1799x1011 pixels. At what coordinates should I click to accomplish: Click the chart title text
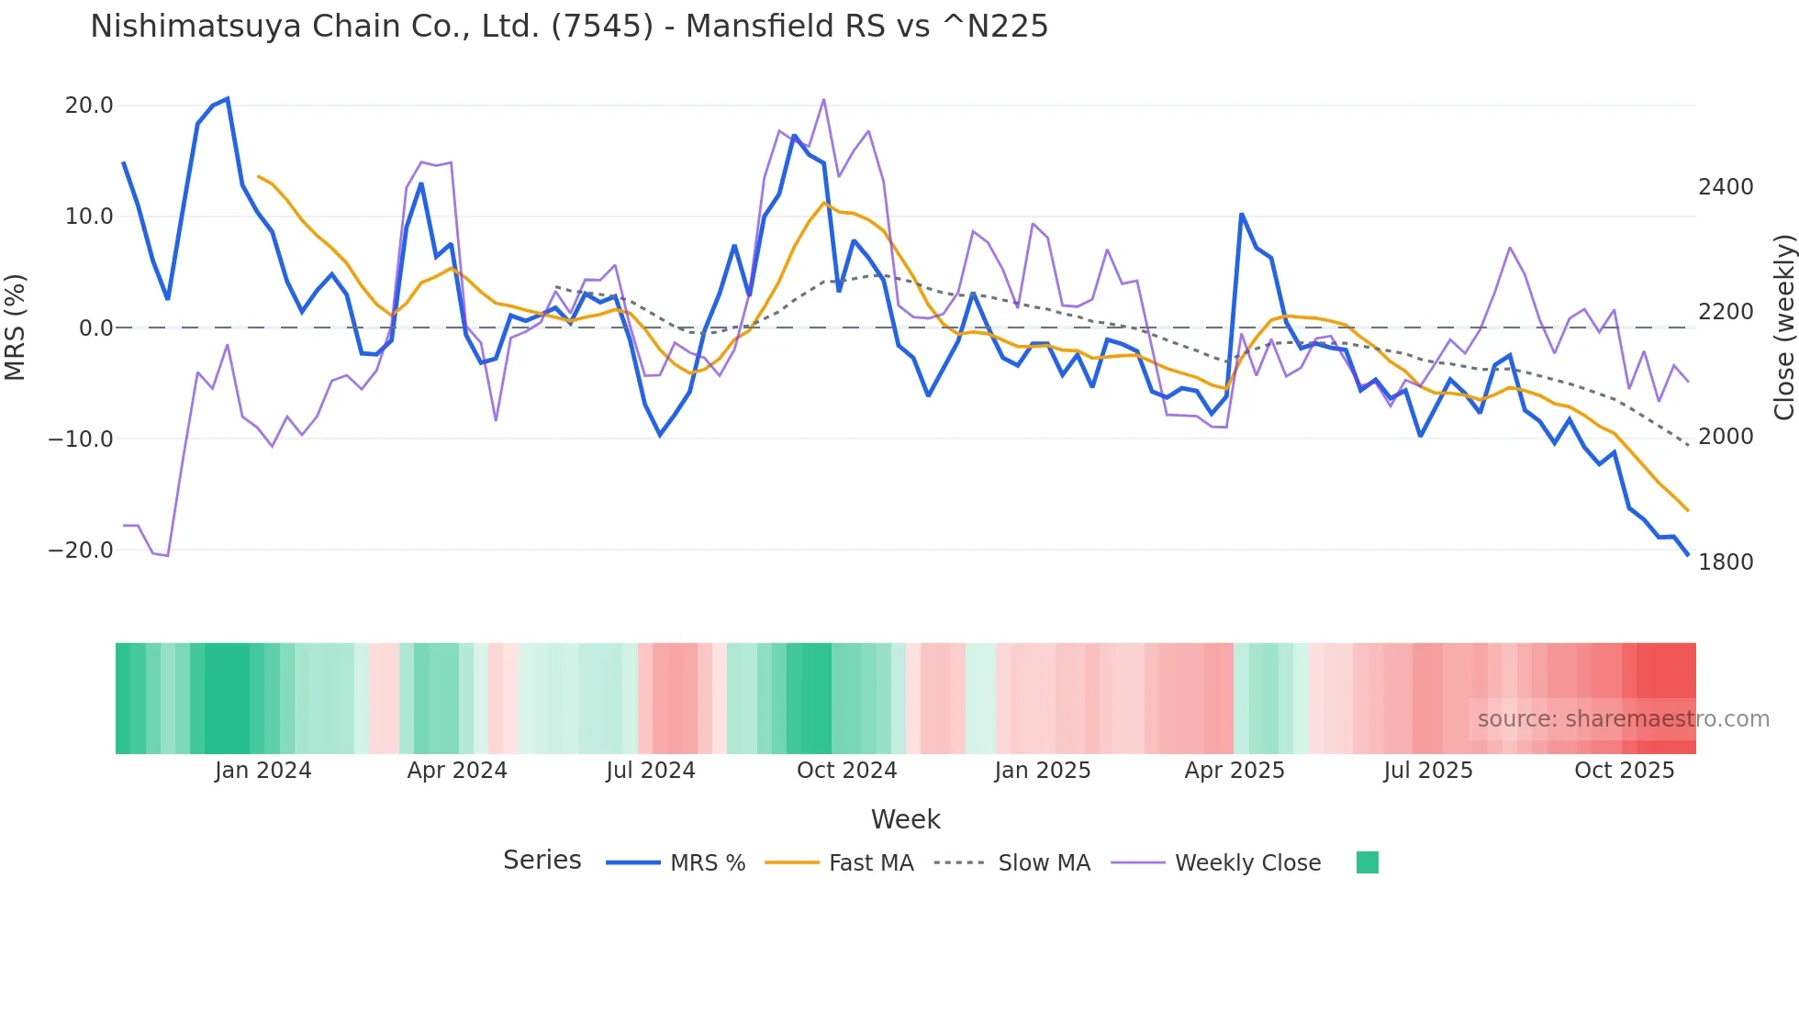(x=569, y=27)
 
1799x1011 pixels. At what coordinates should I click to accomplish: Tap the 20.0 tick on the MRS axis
(x=89, y=106)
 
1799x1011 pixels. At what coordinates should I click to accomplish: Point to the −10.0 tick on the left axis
(x=82, y=439)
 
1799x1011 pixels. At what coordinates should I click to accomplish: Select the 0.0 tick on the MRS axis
(x=95, y=328)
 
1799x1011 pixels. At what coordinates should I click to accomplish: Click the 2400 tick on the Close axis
(x=1726, y=187)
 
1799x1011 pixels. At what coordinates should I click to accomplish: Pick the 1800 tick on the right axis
(x=1726, y=562)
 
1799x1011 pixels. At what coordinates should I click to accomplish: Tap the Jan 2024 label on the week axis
(x=263, y=771)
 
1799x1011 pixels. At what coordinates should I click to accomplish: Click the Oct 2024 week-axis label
(x=846, y=771)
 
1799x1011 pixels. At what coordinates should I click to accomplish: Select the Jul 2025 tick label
(x=1428, y=771)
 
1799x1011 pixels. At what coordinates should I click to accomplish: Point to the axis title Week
(x=905, y=819)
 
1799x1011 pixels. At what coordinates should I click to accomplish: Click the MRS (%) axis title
(x=16, y=328)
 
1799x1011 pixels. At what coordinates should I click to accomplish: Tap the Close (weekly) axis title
(x=1783, y=328)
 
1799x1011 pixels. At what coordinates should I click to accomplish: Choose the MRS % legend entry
(x=676, y=863)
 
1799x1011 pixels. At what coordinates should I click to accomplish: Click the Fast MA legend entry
(x=840, y=863)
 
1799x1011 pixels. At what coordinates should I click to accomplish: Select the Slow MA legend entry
(x=1012, y=863)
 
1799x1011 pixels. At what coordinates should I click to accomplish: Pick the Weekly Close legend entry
(x=1216, y=863)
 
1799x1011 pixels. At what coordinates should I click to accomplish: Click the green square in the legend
(x=1368, y=862)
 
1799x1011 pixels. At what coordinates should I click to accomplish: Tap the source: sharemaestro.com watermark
(x=1623, y=719)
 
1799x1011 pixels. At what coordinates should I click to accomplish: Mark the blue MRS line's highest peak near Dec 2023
(x=228, y=98)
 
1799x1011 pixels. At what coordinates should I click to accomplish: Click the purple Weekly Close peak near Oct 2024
(x=823, y=99)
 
